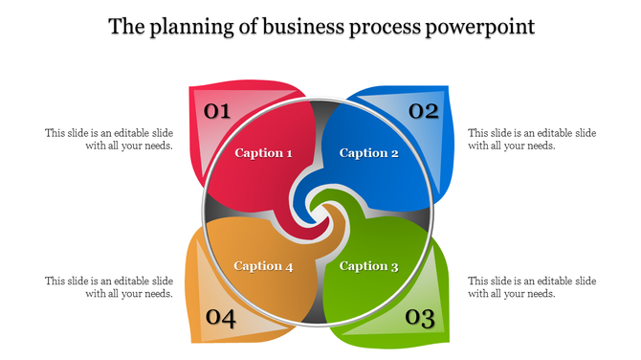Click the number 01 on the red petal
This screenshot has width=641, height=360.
(x=218, y=111)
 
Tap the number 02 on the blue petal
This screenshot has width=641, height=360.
(x=423, y=111)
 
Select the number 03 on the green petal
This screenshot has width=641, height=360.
(x=420, y=317)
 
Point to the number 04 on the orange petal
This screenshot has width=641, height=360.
(x=220, y=318)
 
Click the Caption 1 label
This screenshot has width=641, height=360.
(x=263, y=153)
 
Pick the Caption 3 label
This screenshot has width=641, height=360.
(x=368, y=266)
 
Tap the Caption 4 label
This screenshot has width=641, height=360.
(x=263, y=266)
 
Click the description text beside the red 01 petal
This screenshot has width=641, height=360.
(x=109, y=140)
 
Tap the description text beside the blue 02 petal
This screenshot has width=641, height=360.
(x=532, y=140)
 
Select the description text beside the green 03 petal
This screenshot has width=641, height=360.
(x=532, y=287)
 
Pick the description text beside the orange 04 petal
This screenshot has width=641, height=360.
(x=109, y=287)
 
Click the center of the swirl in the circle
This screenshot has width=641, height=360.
(x=320, y=211)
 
